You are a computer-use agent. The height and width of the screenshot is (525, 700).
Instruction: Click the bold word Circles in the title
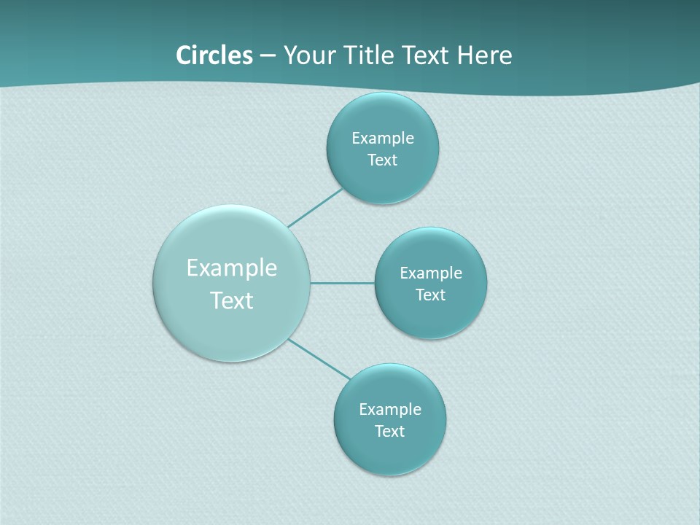[x=214, y=55]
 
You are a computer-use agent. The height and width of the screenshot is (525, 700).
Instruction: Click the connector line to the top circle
[x=316, y=208]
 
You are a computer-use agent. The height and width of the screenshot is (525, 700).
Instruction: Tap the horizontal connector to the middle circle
[x=343, y=283]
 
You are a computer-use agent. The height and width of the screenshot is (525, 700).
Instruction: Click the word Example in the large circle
[x=232, y=268]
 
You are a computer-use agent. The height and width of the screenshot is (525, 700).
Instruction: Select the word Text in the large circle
[x=232, y=300]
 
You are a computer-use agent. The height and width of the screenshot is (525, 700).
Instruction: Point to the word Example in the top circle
[x=382, y=139]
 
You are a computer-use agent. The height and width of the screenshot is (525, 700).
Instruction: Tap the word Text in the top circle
[x=382, y=160]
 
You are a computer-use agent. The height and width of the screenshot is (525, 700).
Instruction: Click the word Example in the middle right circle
[x=430, y=273]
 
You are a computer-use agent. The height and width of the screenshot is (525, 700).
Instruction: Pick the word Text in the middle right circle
[x=430, y=295]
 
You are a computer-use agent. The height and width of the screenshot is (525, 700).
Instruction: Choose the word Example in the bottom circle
[x=389, y=410]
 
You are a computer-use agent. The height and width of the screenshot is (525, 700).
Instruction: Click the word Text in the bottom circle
[x=389, y=432]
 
